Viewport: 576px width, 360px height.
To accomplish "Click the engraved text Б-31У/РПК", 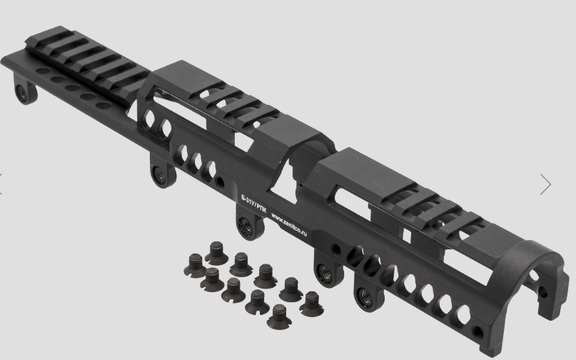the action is click(254, 204).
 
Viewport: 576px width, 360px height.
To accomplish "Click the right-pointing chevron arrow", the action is click(546, 184).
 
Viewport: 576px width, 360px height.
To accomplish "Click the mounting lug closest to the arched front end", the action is click(368, 293).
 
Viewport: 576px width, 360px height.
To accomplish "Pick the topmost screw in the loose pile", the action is click(217, 253).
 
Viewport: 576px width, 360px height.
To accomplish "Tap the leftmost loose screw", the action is click(195, 265).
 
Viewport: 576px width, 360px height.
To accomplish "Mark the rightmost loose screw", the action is click(311, 304).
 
